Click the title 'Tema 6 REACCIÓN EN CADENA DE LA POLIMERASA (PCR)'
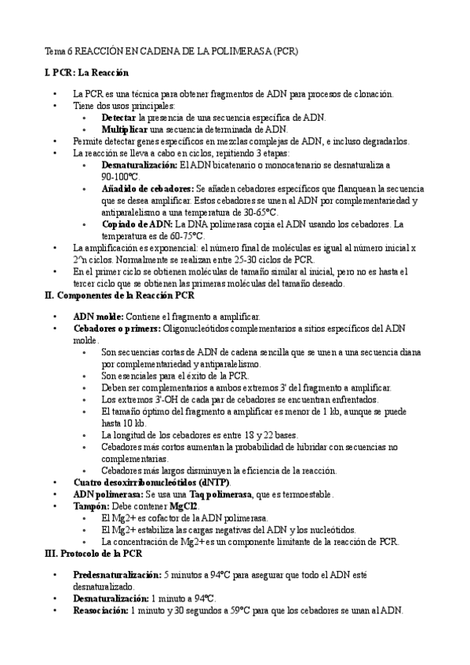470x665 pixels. coord(172,51)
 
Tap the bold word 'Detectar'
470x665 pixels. coord(118,117)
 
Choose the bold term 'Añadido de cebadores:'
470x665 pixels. coord(148,189)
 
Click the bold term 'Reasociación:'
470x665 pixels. coord(100,609)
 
